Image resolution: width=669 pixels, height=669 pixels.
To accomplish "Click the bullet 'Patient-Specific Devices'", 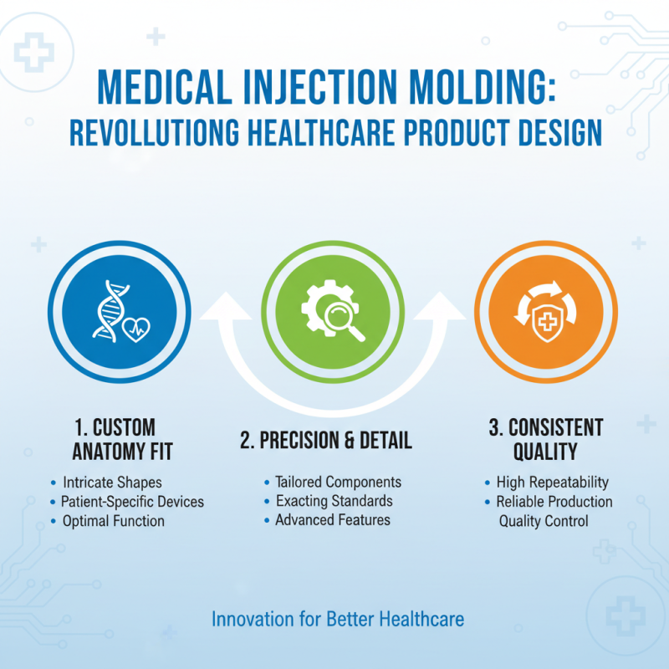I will tap(132, 502).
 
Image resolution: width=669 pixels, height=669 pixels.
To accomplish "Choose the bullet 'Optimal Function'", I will tap(113, 521).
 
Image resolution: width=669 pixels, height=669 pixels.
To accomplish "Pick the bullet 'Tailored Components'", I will tap(338, 483).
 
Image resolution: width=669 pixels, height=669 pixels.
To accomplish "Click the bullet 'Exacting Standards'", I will tap(334, 501).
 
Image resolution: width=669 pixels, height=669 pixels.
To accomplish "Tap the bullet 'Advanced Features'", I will tap(333, 520).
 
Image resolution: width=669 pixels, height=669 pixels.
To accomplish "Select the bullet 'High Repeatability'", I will tap(552, 483).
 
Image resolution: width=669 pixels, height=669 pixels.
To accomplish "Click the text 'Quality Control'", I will tap(544, 521).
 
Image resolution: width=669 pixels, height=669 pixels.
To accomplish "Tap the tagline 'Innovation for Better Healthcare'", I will tap(338, 620).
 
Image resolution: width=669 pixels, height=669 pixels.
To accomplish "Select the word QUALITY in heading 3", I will tap(545, 452).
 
